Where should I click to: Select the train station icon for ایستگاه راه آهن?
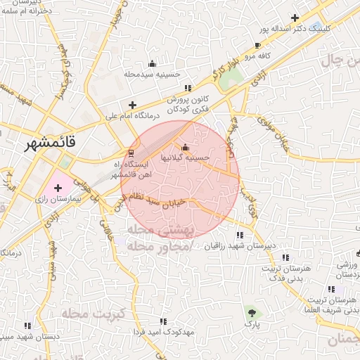pyautogui.click(x=130, y=153)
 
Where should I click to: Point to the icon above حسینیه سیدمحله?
pyautogui.click(x=153, y=64)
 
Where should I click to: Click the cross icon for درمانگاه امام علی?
pyautogui.click(x=131, y=105)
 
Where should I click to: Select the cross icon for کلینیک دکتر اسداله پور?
pyautogui.click(x=295, y=18)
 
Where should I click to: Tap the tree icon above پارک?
pyautogui.click(x=252, y=312)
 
